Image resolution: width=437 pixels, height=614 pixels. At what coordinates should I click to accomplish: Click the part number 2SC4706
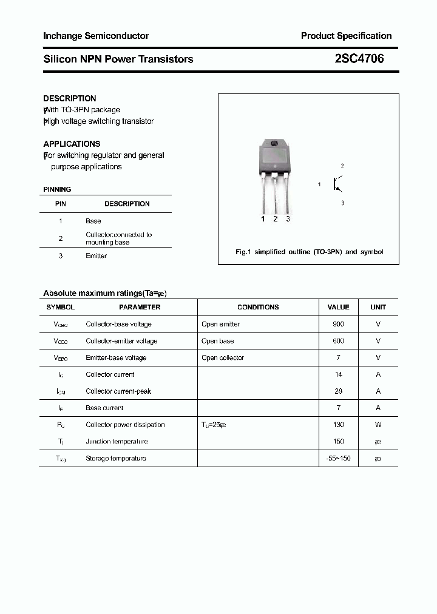[x=359, y=59]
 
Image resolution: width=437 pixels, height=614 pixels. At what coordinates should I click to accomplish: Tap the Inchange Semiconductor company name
[x=96, y=36]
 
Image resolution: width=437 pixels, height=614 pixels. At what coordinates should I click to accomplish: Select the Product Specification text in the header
[x=346, y=36]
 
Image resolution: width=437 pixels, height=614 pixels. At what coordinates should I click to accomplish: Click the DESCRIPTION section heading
[x=70, y=98]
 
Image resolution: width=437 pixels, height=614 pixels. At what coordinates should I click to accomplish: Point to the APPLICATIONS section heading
[x=72, y=144]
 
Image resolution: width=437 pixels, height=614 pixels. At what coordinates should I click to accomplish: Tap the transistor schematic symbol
[x=337, y=184]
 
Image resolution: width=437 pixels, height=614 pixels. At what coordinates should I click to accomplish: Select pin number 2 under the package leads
[x=276, y=219]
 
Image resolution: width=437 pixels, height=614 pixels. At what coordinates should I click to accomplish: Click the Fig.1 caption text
[x=309, y=252]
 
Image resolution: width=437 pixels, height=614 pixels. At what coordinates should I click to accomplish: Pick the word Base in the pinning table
[x=93, y=221]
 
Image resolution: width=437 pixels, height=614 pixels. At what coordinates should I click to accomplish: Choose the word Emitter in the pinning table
[x=96, y=256]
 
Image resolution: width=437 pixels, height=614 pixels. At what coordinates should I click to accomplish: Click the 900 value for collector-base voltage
[x=338, y=324]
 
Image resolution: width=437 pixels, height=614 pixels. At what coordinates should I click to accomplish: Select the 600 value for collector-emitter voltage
[x=338, y=341]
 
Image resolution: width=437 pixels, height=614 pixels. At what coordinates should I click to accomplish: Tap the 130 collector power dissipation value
[x=338, y=425]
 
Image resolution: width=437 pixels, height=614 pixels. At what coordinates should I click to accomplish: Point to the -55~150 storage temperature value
[x=338, y=458]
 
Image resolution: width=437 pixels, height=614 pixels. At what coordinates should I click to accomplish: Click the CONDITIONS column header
[x=258, y=307]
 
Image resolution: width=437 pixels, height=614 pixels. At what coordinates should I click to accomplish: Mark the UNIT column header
[x=378, y=307]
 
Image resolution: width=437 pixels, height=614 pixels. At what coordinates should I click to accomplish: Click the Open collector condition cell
[x=223, y=358]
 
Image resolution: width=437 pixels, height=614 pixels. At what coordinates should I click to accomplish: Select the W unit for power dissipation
[x=378, y=425]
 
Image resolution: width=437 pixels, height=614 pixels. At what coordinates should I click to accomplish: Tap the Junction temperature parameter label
[x=117, y=442]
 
